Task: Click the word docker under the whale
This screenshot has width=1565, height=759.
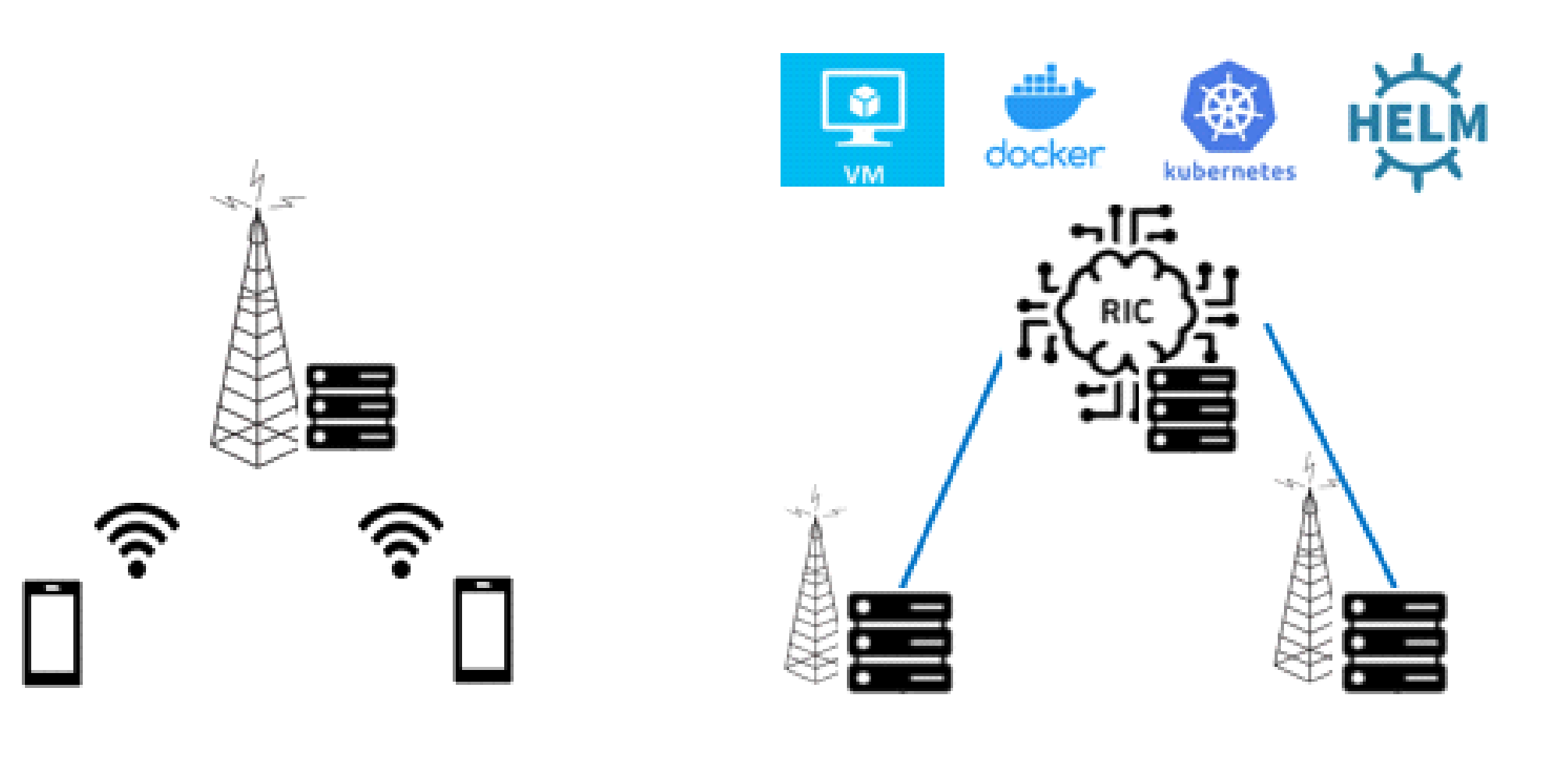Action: click(1044, 154)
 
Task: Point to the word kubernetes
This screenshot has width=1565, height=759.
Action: click(1229, 171)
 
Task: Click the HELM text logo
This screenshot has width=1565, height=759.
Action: click(1417, 123)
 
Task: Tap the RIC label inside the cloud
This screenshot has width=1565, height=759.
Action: click(1126, 312)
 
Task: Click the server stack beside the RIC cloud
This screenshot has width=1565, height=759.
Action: click(1191, 408)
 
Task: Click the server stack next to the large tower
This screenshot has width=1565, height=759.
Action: click(350, 406)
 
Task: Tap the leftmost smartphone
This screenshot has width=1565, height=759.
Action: click(52, 632)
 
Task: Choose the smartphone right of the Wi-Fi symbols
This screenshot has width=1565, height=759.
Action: click(483, 629)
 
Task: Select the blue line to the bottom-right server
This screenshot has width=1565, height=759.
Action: click(1329, 453)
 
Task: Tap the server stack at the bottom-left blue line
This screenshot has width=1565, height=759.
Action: click(899, 642)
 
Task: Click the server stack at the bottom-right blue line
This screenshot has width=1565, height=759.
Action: click(1394, 642)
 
